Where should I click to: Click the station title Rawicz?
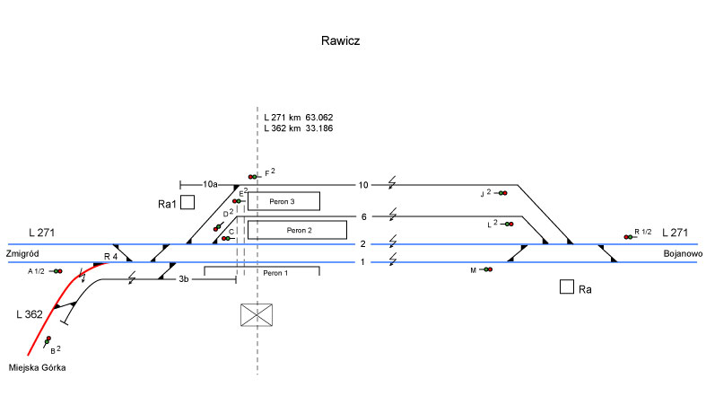tap(340, 41)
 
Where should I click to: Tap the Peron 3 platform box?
tap(283, 200)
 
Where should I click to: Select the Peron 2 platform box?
tap(297, 230)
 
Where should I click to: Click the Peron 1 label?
tap(276, 271)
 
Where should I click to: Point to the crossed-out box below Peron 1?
tap(257, 315)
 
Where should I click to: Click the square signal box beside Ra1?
tap(187, 203)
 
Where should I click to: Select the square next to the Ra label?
tap(566, 287)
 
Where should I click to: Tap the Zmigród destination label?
tap(23, 254)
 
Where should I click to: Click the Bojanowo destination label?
tap(677, 254)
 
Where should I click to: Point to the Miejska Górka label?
tap(37, 367)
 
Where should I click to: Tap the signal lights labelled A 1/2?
tap(57, 270)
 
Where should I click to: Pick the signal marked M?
tap(488, 269)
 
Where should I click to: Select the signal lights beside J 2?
tap(501, 193)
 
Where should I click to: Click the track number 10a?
tap(210, 184)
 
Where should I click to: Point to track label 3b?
tap(183, 279)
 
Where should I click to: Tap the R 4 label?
tap(110, 257)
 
